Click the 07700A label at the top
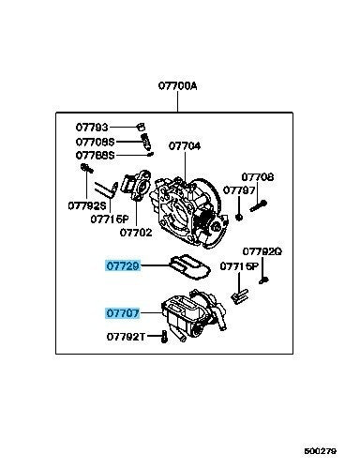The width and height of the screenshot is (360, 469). (177, 85)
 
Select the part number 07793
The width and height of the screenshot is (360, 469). (92, 128)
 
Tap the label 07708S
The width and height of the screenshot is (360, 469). (96, 142)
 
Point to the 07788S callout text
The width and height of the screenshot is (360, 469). (96, 155)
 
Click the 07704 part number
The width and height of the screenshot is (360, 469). (185, 146)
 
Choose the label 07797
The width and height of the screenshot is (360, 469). (239, 190)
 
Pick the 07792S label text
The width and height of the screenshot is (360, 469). (87, 205)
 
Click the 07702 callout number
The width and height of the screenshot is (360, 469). (136, 233)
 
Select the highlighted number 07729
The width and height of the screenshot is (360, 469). (122, 266)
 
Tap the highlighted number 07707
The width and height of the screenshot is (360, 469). (122, 313)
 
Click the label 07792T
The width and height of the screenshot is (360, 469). (126, 337)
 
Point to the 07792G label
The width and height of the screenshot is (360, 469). (262, 251)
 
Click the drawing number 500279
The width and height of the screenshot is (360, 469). (321, 451)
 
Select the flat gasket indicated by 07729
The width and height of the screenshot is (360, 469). (189, 266)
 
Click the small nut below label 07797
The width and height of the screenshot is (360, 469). (239, 217)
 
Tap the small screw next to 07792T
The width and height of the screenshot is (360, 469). (164, 337)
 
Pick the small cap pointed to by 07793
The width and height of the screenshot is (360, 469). (141, 127)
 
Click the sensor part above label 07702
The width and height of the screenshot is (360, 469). (137, 185)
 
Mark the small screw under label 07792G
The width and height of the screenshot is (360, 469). (264, 280)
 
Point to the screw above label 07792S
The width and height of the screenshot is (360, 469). (87, 168)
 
